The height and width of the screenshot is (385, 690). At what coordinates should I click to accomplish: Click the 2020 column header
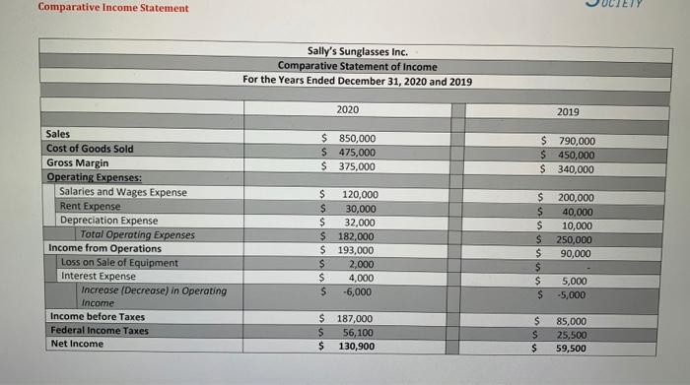tap(348, 108)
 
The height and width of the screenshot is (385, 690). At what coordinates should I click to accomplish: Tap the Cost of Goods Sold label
tap(90, 149)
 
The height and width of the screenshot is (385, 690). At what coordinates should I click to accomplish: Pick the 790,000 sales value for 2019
tap(577, 142)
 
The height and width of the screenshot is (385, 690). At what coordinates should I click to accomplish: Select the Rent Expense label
tap(90, 206)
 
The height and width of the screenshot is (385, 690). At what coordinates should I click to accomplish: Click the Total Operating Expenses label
tap(137, 234)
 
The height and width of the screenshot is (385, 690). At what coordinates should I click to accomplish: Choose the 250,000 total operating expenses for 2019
tap(576, 239)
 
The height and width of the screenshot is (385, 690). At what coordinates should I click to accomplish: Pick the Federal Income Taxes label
tap(99, 330)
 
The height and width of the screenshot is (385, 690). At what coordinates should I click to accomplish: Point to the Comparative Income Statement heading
tap(100, 9)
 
